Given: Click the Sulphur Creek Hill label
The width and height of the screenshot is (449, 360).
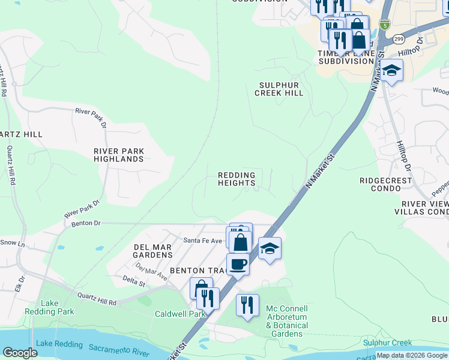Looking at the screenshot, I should (279, 89).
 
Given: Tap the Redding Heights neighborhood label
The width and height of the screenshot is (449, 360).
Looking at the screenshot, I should (237, 179).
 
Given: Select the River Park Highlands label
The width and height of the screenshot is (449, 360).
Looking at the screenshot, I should (119, 155).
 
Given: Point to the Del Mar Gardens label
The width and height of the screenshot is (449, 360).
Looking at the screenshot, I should (152, 251).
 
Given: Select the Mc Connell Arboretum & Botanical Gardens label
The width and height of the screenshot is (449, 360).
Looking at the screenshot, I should (287, 321).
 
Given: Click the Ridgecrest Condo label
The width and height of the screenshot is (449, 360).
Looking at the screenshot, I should (386, 184).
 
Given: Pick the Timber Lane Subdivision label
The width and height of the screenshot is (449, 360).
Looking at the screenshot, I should (346, 57).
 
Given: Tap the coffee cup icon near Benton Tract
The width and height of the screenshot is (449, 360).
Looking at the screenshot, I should (238, 264).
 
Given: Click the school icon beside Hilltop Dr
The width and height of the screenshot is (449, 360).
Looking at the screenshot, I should (391, 70).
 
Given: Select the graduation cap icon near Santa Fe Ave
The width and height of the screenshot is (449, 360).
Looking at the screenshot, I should (270, 248).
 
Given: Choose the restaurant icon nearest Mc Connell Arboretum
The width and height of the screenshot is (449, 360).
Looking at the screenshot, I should (247, 305).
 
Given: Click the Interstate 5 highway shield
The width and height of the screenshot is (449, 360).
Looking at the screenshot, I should (384, 25).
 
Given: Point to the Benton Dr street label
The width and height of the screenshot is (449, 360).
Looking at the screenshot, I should (83, 223).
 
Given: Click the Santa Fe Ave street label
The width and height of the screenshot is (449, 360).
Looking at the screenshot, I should (203, 241).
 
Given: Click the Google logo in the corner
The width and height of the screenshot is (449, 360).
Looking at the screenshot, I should (20, 353).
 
